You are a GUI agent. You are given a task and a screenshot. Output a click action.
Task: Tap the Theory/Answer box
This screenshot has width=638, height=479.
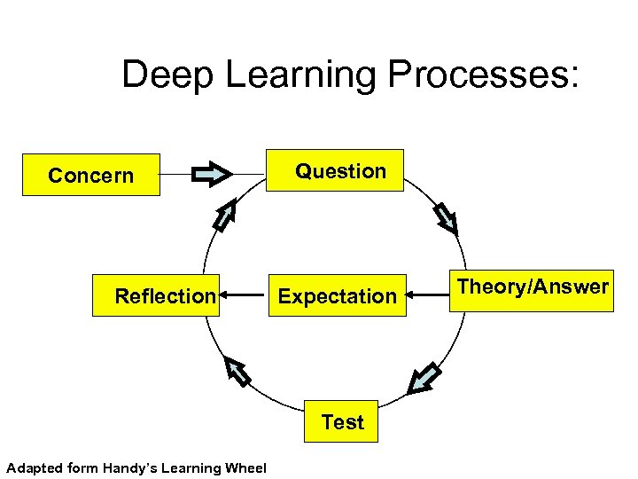533,290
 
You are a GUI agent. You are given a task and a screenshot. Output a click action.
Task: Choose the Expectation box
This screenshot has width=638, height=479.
336,296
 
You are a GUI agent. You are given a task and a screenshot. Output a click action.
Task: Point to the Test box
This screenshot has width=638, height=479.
342,422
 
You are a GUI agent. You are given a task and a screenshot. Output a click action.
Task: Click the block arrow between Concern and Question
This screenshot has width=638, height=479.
213,173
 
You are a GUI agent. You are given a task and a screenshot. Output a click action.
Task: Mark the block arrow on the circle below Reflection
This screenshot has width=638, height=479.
237,371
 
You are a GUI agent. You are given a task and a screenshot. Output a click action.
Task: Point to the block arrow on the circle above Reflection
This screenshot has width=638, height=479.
226,216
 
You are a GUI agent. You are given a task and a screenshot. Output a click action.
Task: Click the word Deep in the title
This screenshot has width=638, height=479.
167,75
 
